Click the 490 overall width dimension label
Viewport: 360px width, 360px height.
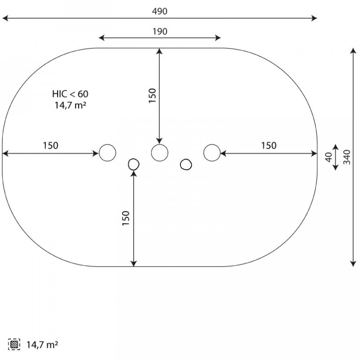[x=160, y=11]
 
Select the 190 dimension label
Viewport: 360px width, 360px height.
[x=160, y=31]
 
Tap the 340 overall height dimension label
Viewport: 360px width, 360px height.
[x=347, y=157]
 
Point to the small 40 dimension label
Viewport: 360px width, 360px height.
[x=329, y=157]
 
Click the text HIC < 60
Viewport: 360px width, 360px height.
[x=70, y=94]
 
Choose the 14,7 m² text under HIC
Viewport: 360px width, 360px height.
[x=70, y=105]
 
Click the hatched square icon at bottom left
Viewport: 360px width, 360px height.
[x=14, y=345]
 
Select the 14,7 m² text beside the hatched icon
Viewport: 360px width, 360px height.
[x=42, y=345]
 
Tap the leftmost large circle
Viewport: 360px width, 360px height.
[x=107, y=152]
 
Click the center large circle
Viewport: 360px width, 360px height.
[x=160, y=152]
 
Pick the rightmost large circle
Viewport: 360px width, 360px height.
[x=212, y=152]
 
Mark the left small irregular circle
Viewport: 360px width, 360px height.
[x=134, y=164]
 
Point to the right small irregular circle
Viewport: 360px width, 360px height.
[x=186, y=164]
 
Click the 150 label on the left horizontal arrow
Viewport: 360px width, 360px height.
[x=51, y=146]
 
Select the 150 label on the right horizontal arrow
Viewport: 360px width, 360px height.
[x=269, y=146]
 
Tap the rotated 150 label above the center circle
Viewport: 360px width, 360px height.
[x=152, y=96]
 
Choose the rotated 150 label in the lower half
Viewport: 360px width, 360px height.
[x=126, y=218]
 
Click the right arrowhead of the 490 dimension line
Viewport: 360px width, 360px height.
[x=315, y=18]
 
